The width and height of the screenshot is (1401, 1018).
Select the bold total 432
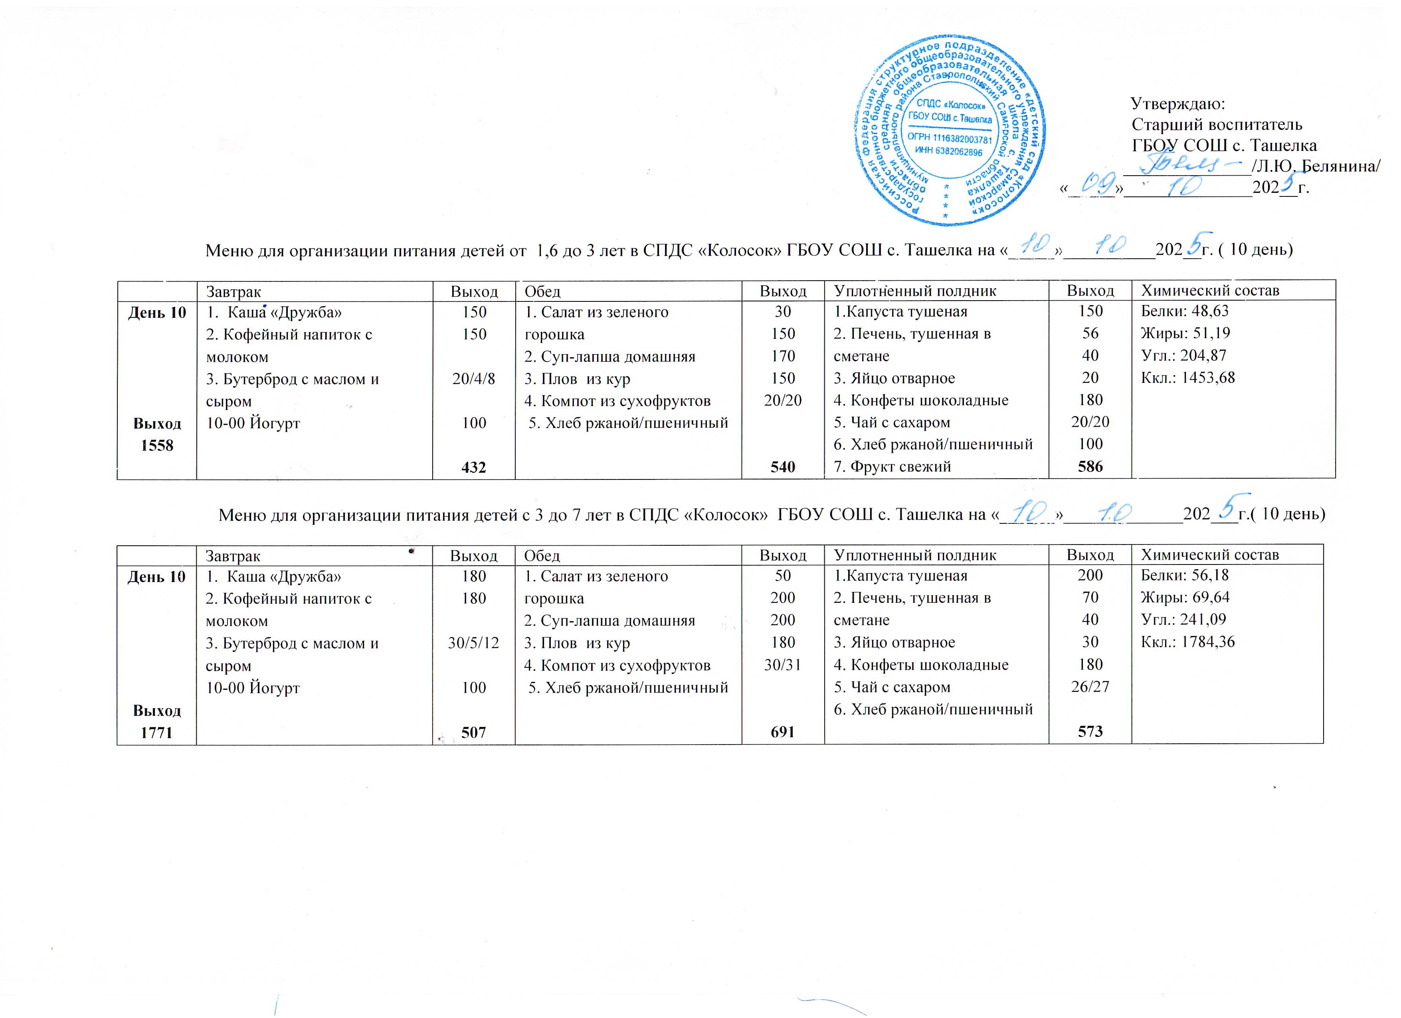point(474,467)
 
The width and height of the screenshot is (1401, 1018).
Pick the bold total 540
point(783,467)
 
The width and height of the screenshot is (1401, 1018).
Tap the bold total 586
point(1090,467)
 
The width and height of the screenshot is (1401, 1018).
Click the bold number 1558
point(157,446)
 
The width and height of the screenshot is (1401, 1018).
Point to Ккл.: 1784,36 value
point(1188,642)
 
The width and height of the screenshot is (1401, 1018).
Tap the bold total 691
point(783,732)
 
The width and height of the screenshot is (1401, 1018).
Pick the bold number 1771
point(157,733)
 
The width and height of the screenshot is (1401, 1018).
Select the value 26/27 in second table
point(1090,687)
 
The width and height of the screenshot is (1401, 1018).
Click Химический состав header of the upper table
point(1209,290)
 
